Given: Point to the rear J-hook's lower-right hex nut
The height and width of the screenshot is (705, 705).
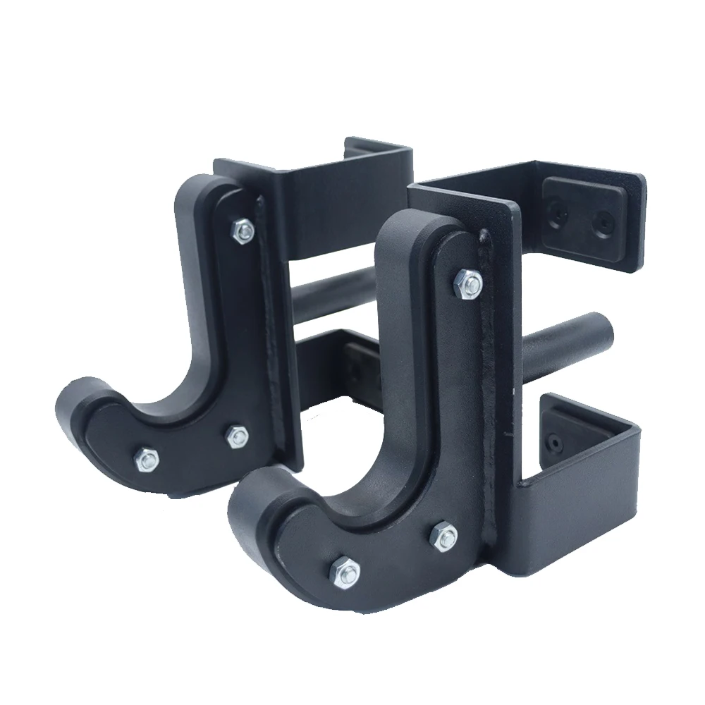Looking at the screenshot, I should (237, 436).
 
